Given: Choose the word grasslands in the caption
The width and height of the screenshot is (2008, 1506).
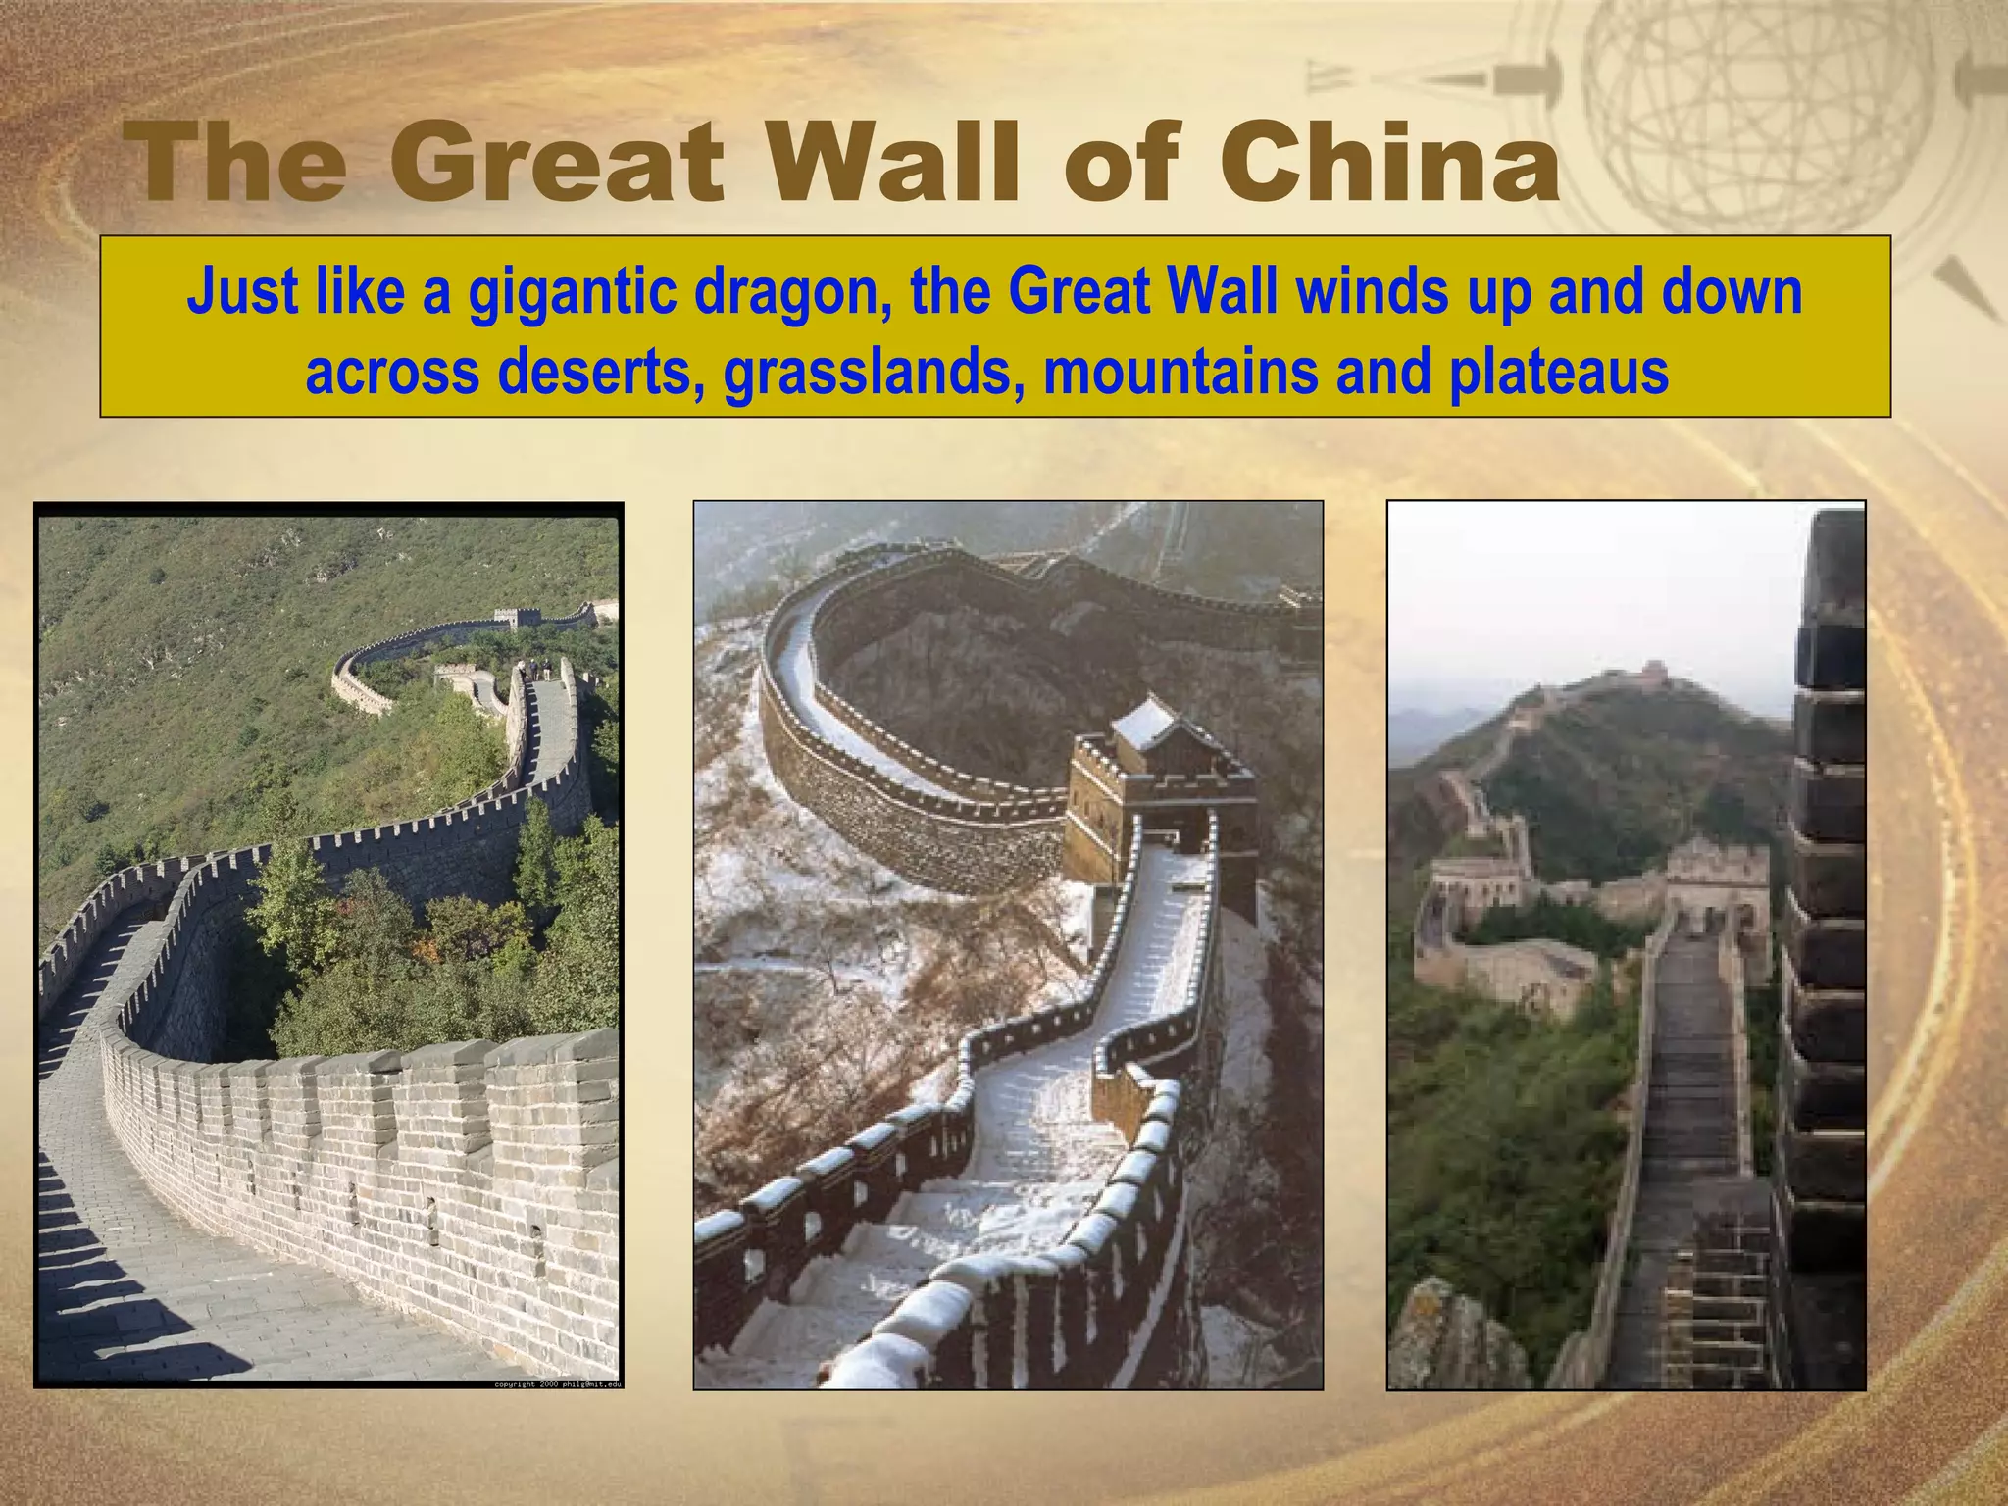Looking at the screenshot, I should [x=868, y=372].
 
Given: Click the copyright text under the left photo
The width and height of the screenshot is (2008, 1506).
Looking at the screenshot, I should [x=558, y=1383].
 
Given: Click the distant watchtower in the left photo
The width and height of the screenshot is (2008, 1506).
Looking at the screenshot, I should [x=517, y=619].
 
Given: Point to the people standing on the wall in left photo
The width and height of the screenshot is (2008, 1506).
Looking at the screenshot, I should [x=537, y=670].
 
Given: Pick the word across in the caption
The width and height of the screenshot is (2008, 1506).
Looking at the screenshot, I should [x=392, y=372].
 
